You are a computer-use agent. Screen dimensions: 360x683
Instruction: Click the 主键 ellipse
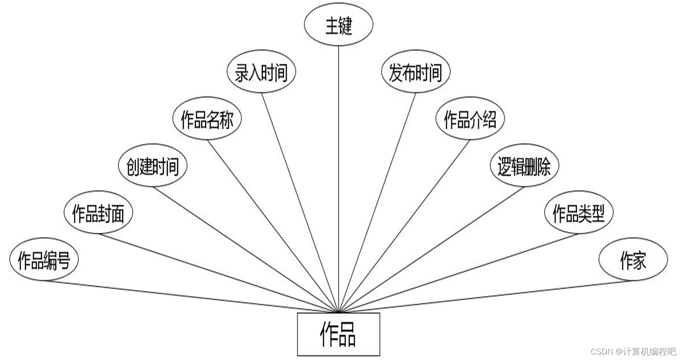pos(338,25)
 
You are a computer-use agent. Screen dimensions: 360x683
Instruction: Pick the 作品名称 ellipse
pos(207,120)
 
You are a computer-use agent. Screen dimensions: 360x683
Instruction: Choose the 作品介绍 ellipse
pos(470,120)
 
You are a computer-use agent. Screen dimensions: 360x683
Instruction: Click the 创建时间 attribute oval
pos(153,166)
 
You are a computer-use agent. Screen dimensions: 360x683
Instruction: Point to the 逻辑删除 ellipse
pos(524,166)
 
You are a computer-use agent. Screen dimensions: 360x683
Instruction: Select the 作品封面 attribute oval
pos(98,213)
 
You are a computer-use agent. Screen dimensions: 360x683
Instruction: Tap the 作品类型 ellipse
pos(579,213)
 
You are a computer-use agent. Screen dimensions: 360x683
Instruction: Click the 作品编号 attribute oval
pos(44,260)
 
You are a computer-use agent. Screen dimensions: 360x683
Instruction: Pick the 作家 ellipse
pos(633,260)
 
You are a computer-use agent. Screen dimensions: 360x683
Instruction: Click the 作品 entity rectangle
pos(339,334)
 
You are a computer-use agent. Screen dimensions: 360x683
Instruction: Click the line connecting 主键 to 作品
pos(339,178)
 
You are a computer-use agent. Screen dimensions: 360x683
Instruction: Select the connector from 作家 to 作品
pos(486,296)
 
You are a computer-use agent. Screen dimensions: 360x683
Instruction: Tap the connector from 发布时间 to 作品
pos(377,202)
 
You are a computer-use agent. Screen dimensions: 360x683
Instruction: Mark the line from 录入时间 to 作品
pos(300,202)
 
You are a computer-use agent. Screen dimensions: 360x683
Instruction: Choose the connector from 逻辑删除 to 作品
pos(432,249)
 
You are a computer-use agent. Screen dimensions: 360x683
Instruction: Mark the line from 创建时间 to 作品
pos(245,249)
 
